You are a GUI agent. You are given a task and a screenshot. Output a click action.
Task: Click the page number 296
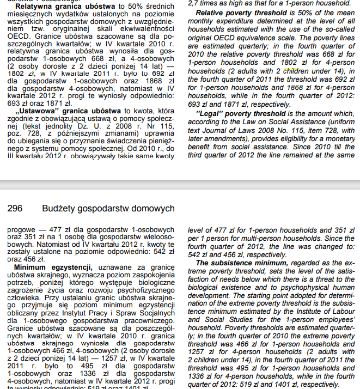pyautogui.click(x=15, y=209)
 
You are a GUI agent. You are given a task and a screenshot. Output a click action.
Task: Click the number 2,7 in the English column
pyautogui.click(x=194, y=3)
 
